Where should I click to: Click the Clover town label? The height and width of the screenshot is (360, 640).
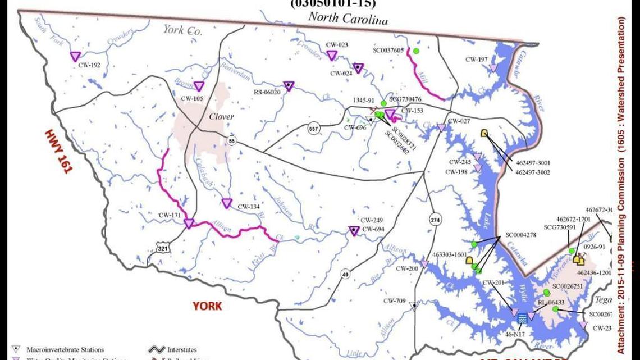221,117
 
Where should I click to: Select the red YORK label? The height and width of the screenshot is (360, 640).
207,306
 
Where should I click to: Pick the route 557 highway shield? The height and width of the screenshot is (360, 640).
314,129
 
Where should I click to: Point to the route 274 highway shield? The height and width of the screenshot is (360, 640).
435,220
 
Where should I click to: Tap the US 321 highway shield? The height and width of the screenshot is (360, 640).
162,248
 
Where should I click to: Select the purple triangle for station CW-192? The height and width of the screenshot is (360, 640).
75,56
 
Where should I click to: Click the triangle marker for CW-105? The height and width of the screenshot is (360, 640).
199,86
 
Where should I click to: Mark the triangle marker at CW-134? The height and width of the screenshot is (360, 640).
227,203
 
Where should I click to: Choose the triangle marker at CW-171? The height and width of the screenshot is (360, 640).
189,224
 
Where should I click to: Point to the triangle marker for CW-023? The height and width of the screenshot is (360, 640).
332,55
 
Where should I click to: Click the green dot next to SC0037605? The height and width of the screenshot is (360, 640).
416,51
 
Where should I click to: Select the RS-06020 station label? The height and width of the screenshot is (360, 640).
267,92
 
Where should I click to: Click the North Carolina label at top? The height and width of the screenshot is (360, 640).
348,18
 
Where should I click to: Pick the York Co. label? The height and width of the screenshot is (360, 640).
182,30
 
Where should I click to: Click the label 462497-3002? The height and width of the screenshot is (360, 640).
532,172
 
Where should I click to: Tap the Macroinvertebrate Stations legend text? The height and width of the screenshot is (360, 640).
65,350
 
